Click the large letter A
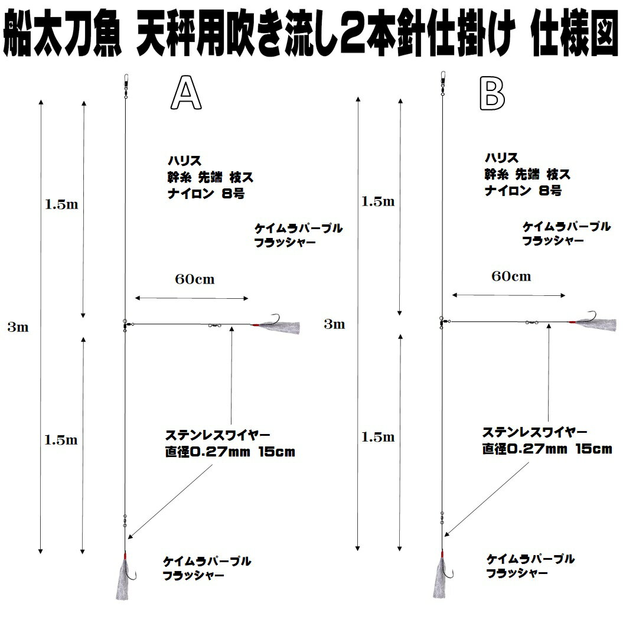[x=186, y=94]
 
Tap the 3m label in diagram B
[x=334, y=324]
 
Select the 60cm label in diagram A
[x=194, y=280]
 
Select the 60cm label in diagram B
[x=511, y=276]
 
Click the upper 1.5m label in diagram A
[x=62, y=205]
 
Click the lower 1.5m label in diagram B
[x=378, y=437]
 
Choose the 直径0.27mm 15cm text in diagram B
[x=547, y=449]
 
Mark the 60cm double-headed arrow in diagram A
[x=192, y=299]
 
